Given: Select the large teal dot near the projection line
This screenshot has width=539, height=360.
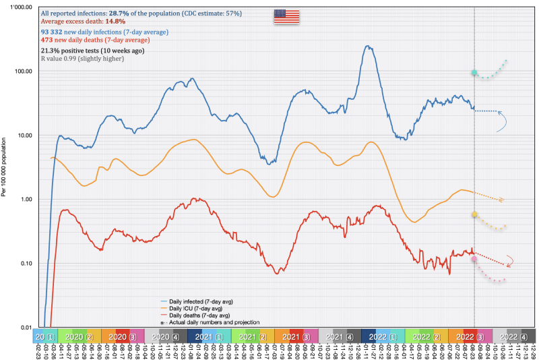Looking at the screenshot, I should point(474,73).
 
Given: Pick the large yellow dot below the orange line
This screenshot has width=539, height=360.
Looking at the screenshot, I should point(474,214).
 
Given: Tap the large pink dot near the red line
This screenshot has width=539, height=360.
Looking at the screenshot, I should point(474,259).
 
